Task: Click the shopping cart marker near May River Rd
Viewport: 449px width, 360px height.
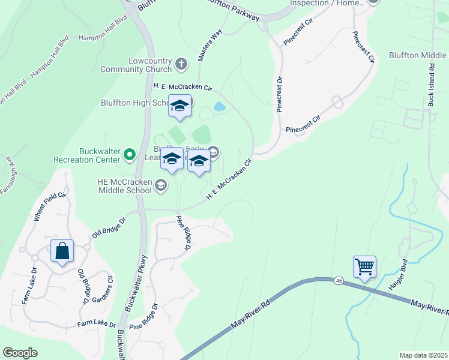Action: tap(365, 266)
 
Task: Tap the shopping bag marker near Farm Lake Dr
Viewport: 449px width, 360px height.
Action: tap(62, 251)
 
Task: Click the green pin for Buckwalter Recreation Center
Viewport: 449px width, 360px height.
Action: tap(129, 155)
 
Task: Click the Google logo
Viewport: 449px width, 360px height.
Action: tap(20, 353)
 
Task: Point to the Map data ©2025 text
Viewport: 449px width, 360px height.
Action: tap(424, 355)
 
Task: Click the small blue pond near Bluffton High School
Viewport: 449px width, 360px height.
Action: tap(220, 107)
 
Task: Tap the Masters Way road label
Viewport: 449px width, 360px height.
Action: tap(210, 44)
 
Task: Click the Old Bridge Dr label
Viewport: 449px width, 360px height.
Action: tap(109, 229)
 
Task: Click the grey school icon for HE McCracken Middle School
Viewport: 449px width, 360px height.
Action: tap(160, 186)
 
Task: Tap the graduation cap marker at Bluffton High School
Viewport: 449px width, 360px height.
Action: tap(179, 107)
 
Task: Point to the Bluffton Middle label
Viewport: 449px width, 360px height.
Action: tap(417, 55)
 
